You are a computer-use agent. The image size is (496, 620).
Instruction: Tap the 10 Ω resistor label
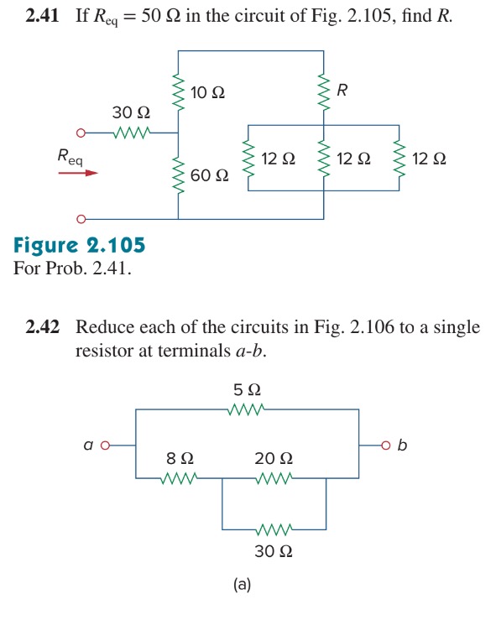(207, 91)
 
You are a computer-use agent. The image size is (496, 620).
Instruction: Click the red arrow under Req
(78, 174)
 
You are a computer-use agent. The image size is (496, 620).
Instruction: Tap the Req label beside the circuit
(70, 155)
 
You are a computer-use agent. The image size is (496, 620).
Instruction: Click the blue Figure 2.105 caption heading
(80, 246)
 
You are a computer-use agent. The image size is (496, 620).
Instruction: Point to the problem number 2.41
(41, 16)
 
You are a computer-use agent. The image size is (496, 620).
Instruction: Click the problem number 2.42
(43, 327)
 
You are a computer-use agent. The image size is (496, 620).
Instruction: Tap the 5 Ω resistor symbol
(247, 409)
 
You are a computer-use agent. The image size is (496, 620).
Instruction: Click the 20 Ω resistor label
(274, 459)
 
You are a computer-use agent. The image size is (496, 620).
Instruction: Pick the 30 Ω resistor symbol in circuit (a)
(274, 529)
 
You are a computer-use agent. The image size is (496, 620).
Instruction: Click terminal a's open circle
(106, 445)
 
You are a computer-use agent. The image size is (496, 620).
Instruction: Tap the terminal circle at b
(387, 445)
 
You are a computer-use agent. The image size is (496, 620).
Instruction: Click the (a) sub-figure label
(243, 585)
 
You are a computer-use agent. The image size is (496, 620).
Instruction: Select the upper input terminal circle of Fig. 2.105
(81, 133)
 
